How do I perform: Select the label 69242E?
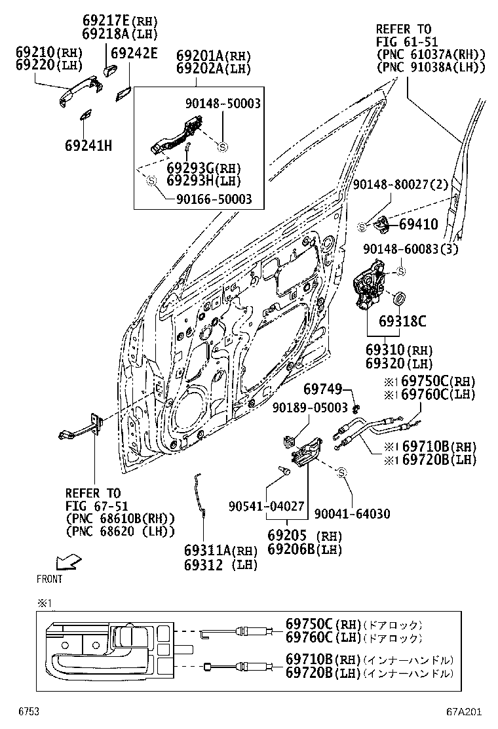point(134,54)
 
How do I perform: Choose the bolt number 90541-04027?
point(266,506)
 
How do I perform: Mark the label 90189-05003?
point(311,408)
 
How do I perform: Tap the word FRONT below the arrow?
point(50,579)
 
